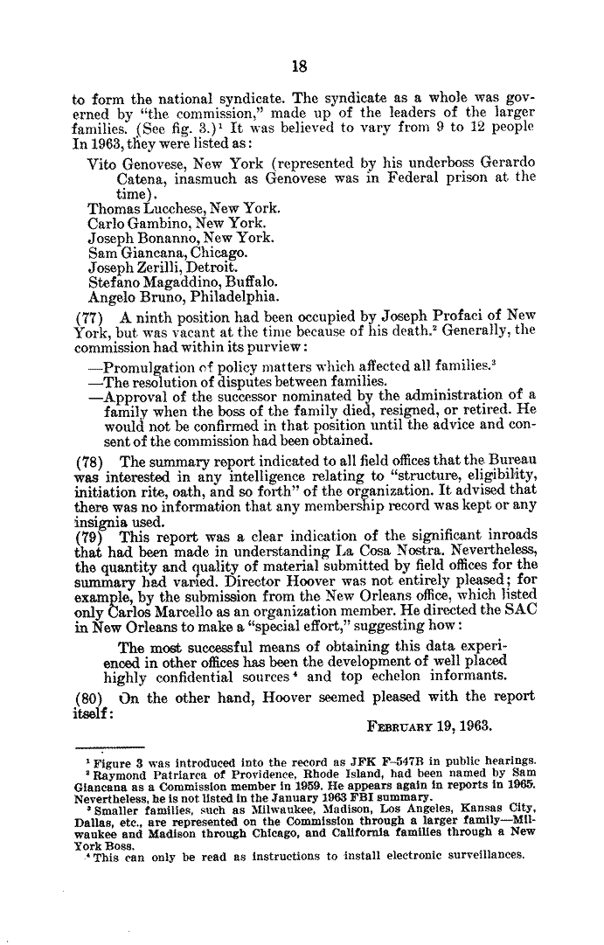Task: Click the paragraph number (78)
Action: tap(87, 462)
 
